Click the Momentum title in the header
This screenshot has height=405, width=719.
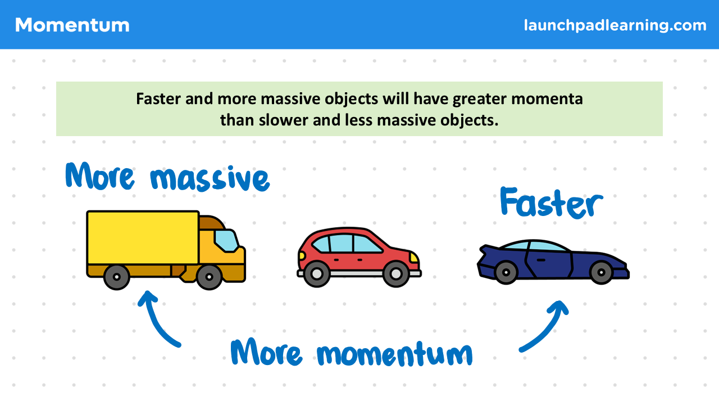coord(72,25)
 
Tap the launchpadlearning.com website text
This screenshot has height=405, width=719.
coord(615,25)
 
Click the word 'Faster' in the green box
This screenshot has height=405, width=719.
coord(158,98)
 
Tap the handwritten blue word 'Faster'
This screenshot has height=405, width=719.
coord(552,203)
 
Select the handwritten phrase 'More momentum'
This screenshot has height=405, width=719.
coord(352,352)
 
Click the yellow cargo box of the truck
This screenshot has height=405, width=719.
coord(143,238)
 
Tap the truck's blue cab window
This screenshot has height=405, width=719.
coord(226,241)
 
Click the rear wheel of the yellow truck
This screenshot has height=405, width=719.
coord(117,277)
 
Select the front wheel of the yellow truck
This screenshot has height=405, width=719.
coord(210,277)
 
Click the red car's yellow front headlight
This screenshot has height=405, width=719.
coord(414,258)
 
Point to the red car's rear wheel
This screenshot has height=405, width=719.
coord(317,274)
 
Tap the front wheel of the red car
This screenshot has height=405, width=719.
coord(396,274)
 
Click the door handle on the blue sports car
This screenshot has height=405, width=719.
coord(541,260)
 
